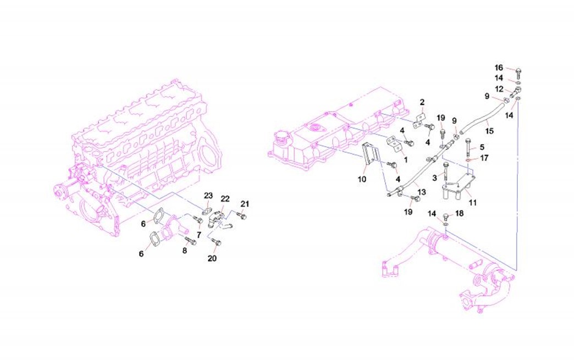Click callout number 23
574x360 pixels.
pos(208,196)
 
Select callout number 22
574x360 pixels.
pos(225,199)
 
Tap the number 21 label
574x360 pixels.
pos(245,204)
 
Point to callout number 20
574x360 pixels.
pos(213,258)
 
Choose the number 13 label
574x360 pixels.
pos(421,192)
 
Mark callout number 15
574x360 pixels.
pos(489,131)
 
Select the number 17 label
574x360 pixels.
pos(484,158)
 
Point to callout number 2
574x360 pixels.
pos(422,102)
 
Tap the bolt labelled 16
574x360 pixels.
pos(520,71)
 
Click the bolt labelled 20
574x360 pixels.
pos(214,241)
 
